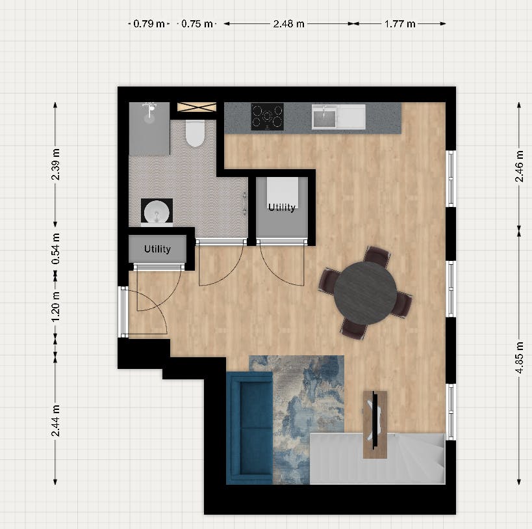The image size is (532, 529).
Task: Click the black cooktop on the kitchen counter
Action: pyautogui.click(x=268, y=117)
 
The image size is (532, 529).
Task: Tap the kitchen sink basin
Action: pyautogui.click(x=324, y=117)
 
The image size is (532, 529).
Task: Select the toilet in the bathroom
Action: pyautogui.click(x=195, y=133)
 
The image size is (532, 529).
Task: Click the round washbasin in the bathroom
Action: pyautogui.click(x=157, y=212)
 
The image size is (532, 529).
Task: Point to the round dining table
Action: pyautogui.click(x=366, y=293)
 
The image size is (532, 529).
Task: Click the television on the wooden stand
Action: pyautogui.click(x=375, y=424)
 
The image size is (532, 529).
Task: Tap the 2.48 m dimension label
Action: pyautogui.click(x=288, y=24)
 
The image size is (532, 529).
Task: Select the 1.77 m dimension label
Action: pyautogui.click(x=399, y=24)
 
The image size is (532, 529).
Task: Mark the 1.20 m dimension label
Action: pyautogui.click(x=55, y=305)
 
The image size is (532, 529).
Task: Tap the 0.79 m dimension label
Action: pyautogui.click(x=149, y=24)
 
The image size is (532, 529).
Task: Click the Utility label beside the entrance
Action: pyautogui.click(x=157, y=249)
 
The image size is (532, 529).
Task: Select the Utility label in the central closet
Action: pyautogui.click(x=282, y=208)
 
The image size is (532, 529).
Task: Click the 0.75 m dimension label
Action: pyautogui.click(x=197, y=24)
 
